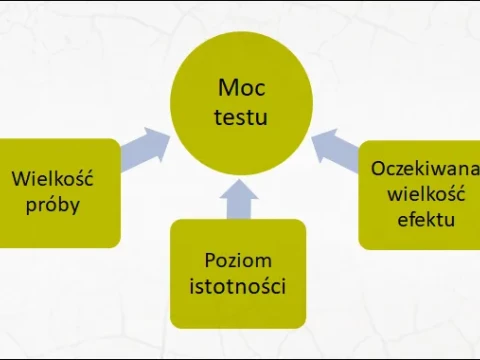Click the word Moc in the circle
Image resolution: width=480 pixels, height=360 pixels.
[240, 90]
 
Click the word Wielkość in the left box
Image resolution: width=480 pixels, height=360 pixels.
[52, 180]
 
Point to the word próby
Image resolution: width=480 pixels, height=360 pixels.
[52, 205]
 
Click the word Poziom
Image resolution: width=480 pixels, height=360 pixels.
[238, 261]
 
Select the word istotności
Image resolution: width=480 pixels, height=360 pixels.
[238, 287]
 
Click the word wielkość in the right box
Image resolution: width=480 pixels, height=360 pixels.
[422, 193]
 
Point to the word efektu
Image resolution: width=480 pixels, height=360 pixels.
[422, 217]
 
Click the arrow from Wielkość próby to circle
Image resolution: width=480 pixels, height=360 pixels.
[146, 145]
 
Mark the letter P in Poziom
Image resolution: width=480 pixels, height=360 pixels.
[210, 261]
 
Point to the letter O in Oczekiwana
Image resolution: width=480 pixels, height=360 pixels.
[377, 169]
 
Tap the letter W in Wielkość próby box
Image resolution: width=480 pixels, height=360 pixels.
[20, 180]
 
